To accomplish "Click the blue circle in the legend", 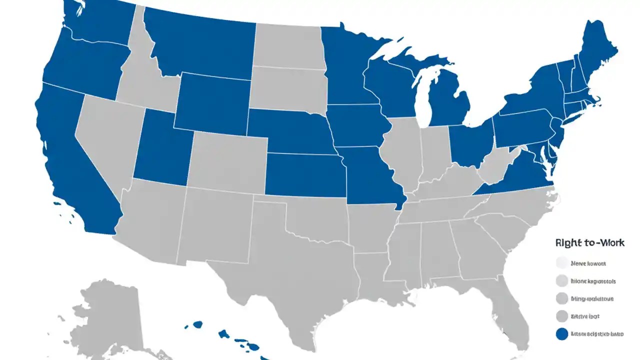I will tap(562, 334).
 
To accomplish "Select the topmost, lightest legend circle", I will tap(562, 263).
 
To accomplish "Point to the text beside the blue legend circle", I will tap(595, 333).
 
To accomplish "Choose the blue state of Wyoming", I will tap(212, 102).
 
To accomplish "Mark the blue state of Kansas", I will tap(305, 175).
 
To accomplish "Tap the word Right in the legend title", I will tap(568, 243).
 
